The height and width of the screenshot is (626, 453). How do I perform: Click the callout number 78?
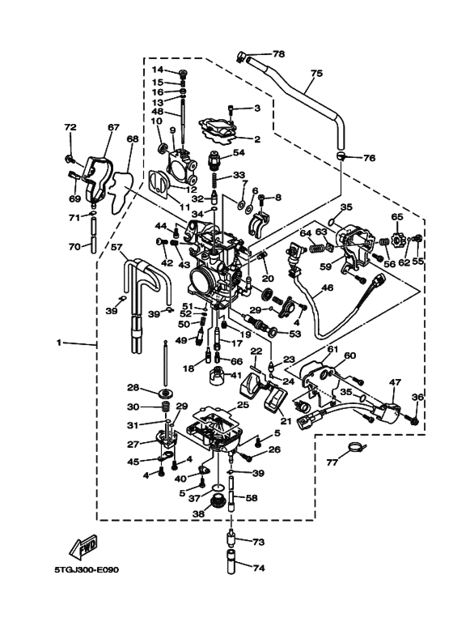point(279,54)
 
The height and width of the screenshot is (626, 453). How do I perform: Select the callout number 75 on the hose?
point(316,73)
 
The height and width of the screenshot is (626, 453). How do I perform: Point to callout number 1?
point(58,343)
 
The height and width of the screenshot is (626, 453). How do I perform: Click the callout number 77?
point(332,463)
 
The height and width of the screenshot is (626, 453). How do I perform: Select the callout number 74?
point(258,569)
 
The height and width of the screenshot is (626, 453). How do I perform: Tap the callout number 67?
point(113,127)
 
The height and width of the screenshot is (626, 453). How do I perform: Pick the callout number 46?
point(328,287)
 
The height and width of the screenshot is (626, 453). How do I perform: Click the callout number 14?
point(158,70)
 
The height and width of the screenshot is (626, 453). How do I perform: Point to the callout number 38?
point(197,513)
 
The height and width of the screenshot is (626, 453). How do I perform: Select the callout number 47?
point(396,381)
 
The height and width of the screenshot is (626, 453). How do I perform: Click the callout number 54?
point(239,152)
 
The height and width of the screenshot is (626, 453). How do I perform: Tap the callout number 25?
point(242,404)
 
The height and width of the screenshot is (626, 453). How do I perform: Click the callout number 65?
point(397,217)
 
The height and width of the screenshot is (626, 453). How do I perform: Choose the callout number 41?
point(237,375)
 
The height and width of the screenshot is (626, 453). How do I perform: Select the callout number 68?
point(133,139)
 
